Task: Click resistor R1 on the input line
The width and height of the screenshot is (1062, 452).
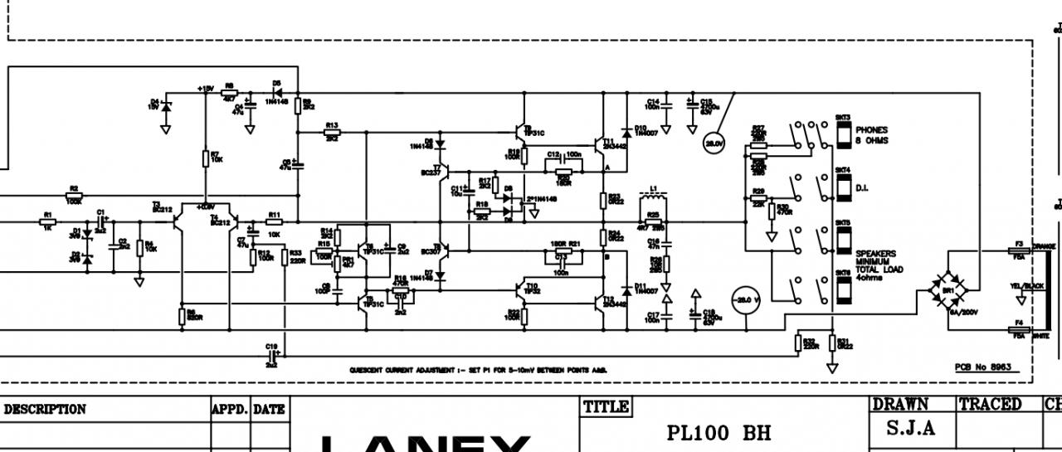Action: pyautogui.click(x=47, y=222)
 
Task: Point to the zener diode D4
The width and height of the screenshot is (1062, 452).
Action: pyautogui.click(x=166, y=106)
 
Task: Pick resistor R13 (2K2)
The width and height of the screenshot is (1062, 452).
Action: pyautogui.click(x=332, y=132)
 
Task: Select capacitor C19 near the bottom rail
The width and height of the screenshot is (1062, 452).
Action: pyautogui.click(x=271, y=354)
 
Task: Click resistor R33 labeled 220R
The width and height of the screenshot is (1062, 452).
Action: pyautogui.click(x=285, y=257)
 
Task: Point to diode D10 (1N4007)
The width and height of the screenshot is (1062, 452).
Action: pyautogui.click(x=625, y=131)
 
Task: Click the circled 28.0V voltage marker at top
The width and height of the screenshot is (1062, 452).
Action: pyautogui.click(x=714, y=144)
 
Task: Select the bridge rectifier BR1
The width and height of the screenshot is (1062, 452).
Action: pyautogui.click(x=948, y=289)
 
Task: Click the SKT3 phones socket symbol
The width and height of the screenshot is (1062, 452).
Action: pyautogui.click(x=842, y=134)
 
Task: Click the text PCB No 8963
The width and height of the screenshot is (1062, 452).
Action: pyautogui.click(x=983, y=367)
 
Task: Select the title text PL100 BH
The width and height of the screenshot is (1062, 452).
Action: pyautogui.click(x=719, y=433)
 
